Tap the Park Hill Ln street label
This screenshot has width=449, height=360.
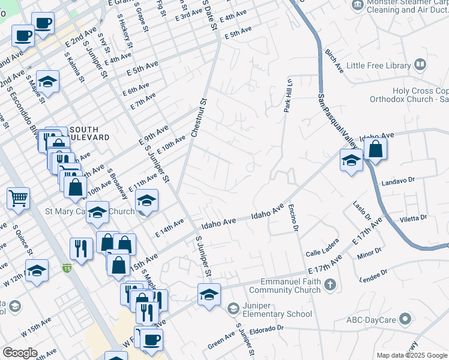click(288, 96)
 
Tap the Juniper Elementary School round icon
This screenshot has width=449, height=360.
click(233, 308)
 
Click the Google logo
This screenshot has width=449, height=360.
click(20, 353)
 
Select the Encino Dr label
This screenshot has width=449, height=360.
click(294, 219)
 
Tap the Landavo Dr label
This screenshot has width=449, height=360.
click(398, 179)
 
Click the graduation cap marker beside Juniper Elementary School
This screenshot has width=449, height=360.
click(209, 295)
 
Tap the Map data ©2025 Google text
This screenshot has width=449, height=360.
click(411, 355)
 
